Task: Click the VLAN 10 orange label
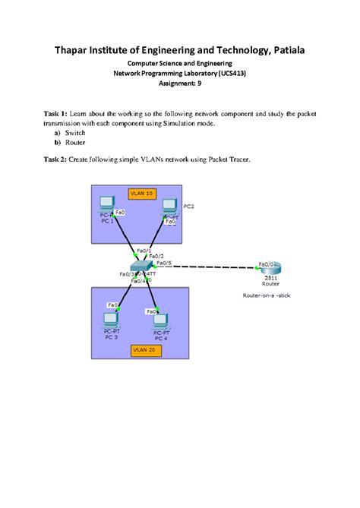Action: pyautogui.click(x=143, y=194)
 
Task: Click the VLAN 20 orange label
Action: pyautogui.click(x=143, y=349)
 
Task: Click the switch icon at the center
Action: pyautogui.click(x=141, y=267)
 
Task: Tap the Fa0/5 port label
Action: pyautogui.click(x=163, y=263)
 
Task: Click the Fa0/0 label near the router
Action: pyautogui.click(x=267, y=263)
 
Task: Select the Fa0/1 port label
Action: pyautogui.click(x=143, y=251)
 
